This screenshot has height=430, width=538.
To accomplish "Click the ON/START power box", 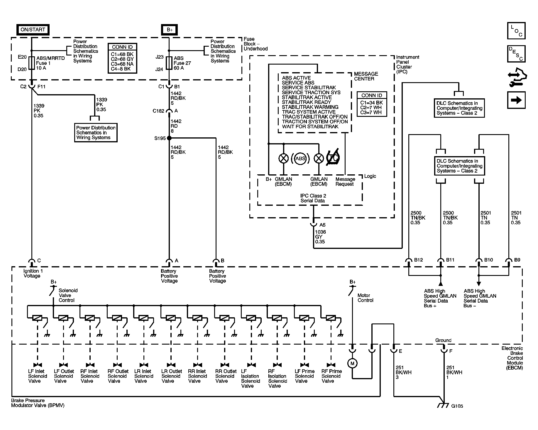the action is click(33, 30).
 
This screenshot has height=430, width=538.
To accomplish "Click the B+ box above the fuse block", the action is click(169, 30).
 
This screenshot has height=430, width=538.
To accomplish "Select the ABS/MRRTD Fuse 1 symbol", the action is click(31, 63).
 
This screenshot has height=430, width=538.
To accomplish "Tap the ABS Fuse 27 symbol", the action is click(169, 63).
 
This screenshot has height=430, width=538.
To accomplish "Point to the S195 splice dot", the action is click(169, 138).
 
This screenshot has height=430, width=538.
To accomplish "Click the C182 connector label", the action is click(158, 111).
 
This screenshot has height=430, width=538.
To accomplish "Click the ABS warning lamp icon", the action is click(300, 158).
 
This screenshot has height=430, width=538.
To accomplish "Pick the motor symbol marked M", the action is click(352, 363).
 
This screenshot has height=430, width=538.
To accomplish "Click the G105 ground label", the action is click(457, 406).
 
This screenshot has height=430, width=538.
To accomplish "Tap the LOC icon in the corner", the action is click(516, 31).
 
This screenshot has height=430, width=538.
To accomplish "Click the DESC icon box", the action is click(516, 54).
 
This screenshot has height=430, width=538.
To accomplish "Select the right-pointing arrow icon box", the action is click(516, 100).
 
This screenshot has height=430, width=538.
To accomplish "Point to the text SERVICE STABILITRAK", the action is click(309, 87).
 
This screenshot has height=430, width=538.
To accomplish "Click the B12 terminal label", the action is click(419, 260).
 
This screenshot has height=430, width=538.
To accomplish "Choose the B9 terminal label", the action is click(517, 260).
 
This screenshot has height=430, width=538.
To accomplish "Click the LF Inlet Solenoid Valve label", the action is click(38, 376).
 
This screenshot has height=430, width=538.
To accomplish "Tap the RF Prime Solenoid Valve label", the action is click(332, 376).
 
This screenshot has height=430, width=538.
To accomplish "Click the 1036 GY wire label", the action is click(320, 237).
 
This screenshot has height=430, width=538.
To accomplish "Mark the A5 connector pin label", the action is click(322, 225).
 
